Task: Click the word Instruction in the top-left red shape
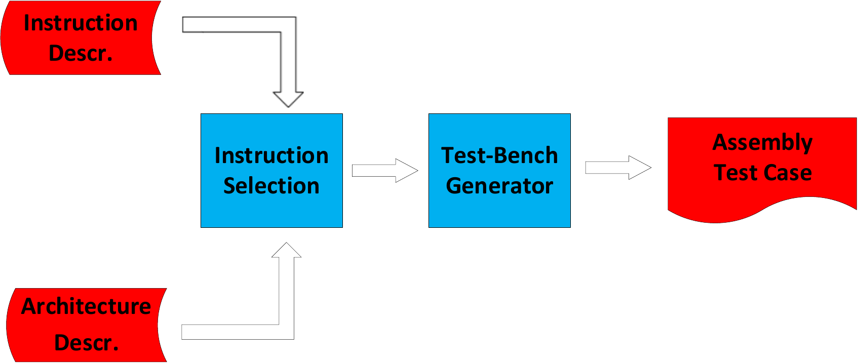(81, 23)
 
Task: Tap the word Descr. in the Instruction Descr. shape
(81, 53)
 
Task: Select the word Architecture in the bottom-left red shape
(86, 306)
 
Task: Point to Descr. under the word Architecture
(86, 342)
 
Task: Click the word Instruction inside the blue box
(271, 155)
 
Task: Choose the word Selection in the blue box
(271, 186)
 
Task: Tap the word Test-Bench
(499, 155)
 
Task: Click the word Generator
(499, 186)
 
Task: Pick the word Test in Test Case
(734, 173)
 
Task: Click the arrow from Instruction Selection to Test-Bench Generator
(385, 171)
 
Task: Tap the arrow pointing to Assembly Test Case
(618, 168)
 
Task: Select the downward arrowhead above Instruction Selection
(288, 99)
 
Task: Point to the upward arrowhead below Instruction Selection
(287, 250)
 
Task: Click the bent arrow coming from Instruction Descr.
(288, 24)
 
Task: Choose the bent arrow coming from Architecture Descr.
(287, 332)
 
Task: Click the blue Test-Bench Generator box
(499, 171)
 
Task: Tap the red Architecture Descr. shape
(87, 325)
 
